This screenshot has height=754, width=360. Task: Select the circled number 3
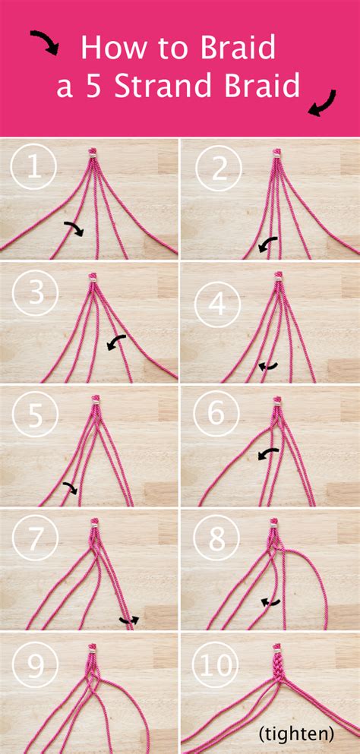[x=33, y=293]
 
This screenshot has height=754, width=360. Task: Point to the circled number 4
[x=219, y=303]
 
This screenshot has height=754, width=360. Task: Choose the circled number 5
[x=33, y=417]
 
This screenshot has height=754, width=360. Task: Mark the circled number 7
[x=33, y=542]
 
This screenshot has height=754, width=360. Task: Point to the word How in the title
[x=109, y=48]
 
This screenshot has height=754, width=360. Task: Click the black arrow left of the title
[x=44, y=43]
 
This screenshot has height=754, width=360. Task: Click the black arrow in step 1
[x=74, y=227]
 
